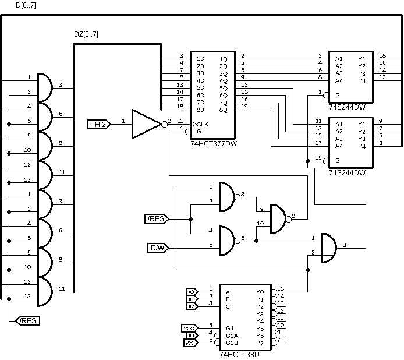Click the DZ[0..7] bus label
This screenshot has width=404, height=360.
(86, 35)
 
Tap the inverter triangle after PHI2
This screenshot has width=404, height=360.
(145, 123)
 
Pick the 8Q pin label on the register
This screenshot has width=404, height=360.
(224, 110)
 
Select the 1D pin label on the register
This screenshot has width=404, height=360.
(200, 59)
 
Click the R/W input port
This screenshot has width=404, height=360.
(157, 249)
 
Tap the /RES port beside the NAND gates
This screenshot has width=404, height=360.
(156, 219)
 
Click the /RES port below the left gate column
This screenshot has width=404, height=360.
(29, 320)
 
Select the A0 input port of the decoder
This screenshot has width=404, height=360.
(191, 291)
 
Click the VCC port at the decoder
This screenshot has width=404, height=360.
(189, 328)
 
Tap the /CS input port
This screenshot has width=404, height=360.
(190, 343)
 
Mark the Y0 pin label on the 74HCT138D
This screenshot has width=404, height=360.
(260, 292)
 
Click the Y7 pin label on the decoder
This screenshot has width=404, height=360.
(260, 343)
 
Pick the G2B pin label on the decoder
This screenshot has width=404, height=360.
(232, 343)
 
